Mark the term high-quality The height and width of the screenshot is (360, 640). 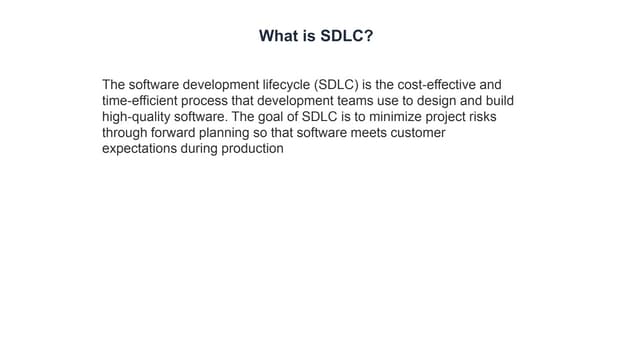[x=136, y=117]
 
